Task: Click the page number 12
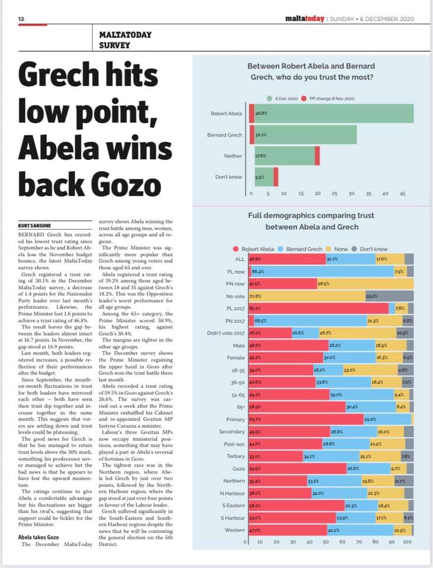coord(21,19)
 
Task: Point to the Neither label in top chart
coord(233,156)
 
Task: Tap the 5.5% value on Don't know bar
coord(259,177)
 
